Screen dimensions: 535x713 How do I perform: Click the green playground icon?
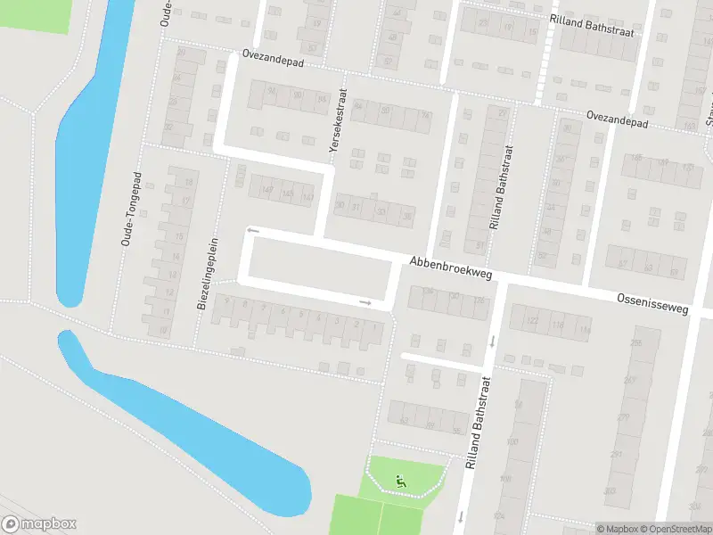tap(400, 481)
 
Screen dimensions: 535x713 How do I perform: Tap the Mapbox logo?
tap(39, 523)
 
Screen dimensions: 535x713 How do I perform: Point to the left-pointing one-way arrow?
tap(252, 230)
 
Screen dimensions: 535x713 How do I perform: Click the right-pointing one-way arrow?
tap(365, 302)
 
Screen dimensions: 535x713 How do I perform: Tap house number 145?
tap(287, 193)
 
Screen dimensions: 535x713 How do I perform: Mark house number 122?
tap(533, 321)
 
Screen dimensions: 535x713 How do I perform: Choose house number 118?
tap(559, 325)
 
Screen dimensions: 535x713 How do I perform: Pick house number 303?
tap(609, 491)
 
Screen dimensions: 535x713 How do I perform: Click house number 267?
tap(628, 380)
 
